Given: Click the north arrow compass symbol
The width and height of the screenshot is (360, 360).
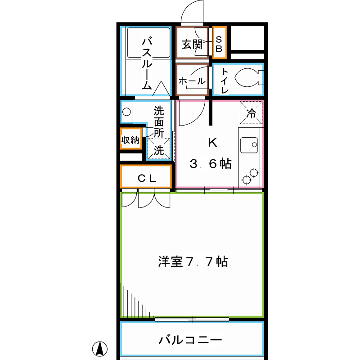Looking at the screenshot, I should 101,348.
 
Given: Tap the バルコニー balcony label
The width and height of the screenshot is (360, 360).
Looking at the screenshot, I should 190,340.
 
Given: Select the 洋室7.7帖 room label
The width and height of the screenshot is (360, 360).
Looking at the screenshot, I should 193,261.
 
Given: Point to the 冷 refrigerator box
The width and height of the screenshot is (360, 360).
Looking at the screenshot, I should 252,113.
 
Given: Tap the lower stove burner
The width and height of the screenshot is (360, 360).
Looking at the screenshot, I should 247,180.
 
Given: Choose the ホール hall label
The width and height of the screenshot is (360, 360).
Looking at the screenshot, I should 192,81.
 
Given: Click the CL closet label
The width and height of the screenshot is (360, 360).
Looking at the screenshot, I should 147,178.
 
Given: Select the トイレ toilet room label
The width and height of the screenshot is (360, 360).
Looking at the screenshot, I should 225,81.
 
